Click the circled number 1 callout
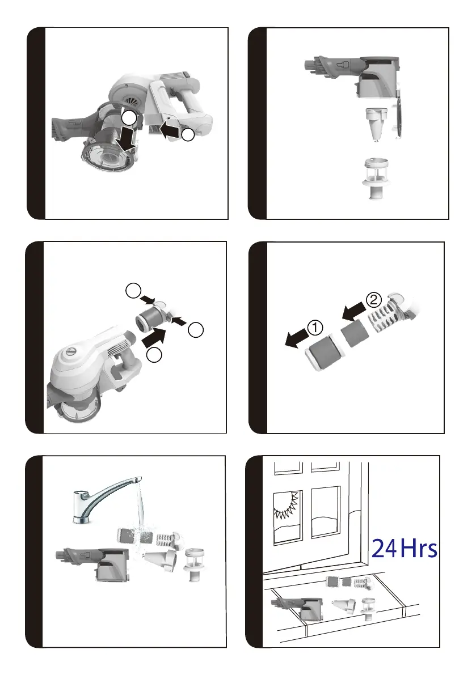click(315, 328)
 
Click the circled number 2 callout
click(373, 300)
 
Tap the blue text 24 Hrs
click(404, 549)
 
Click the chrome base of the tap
click(81, 520)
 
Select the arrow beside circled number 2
click(354, 311)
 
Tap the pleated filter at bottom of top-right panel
click(376, 178)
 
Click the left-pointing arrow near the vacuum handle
click(170, 130)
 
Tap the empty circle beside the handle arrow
click(188, 135)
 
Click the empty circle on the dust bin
click(129, 117)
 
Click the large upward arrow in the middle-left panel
click(154, 336)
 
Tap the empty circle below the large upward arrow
click(154, 355)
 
